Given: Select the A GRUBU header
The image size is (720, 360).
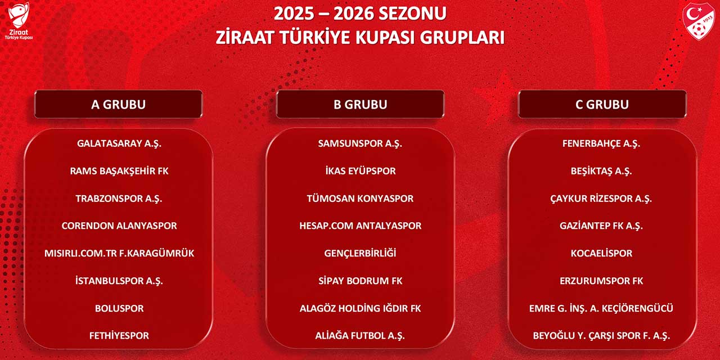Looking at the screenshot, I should click(x=118, y=104).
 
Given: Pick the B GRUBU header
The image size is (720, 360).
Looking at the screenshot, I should click(x=360, y=104).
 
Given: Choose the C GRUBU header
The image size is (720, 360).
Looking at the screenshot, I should click(x=602, y=104).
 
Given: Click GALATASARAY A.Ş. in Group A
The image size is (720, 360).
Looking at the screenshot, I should click(x=119, y=143).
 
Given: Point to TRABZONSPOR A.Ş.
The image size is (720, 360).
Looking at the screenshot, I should click(x=119, y=199).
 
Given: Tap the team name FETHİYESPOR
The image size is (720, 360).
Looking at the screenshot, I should click(x=119, y=336).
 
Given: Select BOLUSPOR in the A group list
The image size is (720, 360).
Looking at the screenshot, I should click(x=119, y=308).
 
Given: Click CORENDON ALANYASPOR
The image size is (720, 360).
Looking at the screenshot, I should click(x=119, y=226).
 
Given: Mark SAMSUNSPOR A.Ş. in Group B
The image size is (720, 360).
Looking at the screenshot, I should click(x=360, y=143).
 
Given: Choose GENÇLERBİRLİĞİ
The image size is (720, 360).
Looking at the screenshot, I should click(x=360, y=253).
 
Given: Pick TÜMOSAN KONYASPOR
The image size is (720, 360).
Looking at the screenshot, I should click(x=360, y=199).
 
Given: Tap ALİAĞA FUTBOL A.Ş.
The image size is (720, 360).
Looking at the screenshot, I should click(x=360, y=336).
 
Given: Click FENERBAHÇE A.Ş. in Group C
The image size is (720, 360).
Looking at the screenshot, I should click(x=601, y=143).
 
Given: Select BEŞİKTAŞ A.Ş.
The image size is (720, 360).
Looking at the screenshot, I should click(x=601, y=171).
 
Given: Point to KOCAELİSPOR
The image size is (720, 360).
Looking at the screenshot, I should click(x=601, y=253).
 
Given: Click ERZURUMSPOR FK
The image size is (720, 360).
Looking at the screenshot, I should click(x=601, y=281).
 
